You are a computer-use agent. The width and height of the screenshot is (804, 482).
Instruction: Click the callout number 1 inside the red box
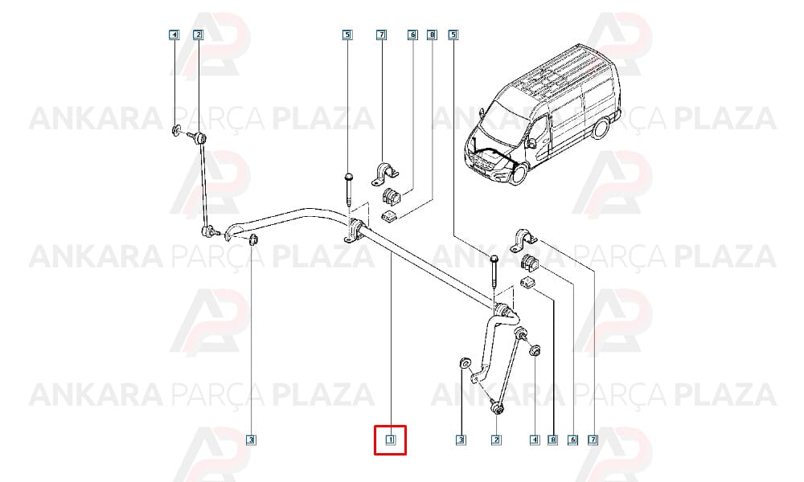click(390, 439)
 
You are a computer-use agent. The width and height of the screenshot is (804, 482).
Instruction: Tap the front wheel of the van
click(519, 174)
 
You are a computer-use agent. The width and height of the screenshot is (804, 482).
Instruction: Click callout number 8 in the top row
click(433, 35)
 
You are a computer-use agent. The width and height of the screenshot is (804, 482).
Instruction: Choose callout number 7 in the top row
click(381, 35)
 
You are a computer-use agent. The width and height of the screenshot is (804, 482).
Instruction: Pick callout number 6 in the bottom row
click(572, 439)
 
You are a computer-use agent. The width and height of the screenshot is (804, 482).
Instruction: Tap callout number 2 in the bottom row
click(496, 439)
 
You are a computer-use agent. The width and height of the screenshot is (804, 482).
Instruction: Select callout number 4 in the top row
click(174, 35)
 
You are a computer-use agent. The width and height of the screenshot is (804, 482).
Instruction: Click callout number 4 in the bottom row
click(535, 439)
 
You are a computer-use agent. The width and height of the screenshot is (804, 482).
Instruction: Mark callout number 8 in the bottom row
click(552, 439)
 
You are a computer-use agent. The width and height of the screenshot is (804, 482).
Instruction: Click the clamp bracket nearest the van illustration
click(523, 240)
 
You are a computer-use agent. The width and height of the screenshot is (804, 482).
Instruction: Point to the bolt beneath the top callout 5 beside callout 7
click(349, 190)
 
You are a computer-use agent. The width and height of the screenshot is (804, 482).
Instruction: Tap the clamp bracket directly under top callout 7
click(384, 174)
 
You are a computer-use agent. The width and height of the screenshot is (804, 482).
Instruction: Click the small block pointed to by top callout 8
click(390, 217)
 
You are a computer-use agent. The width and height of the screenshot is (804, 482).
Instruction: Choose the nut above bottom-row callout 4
click(535, 351)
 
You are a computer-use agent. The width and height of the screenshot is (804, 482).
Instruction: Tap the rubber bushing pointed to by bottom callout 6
click(529, 262)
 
